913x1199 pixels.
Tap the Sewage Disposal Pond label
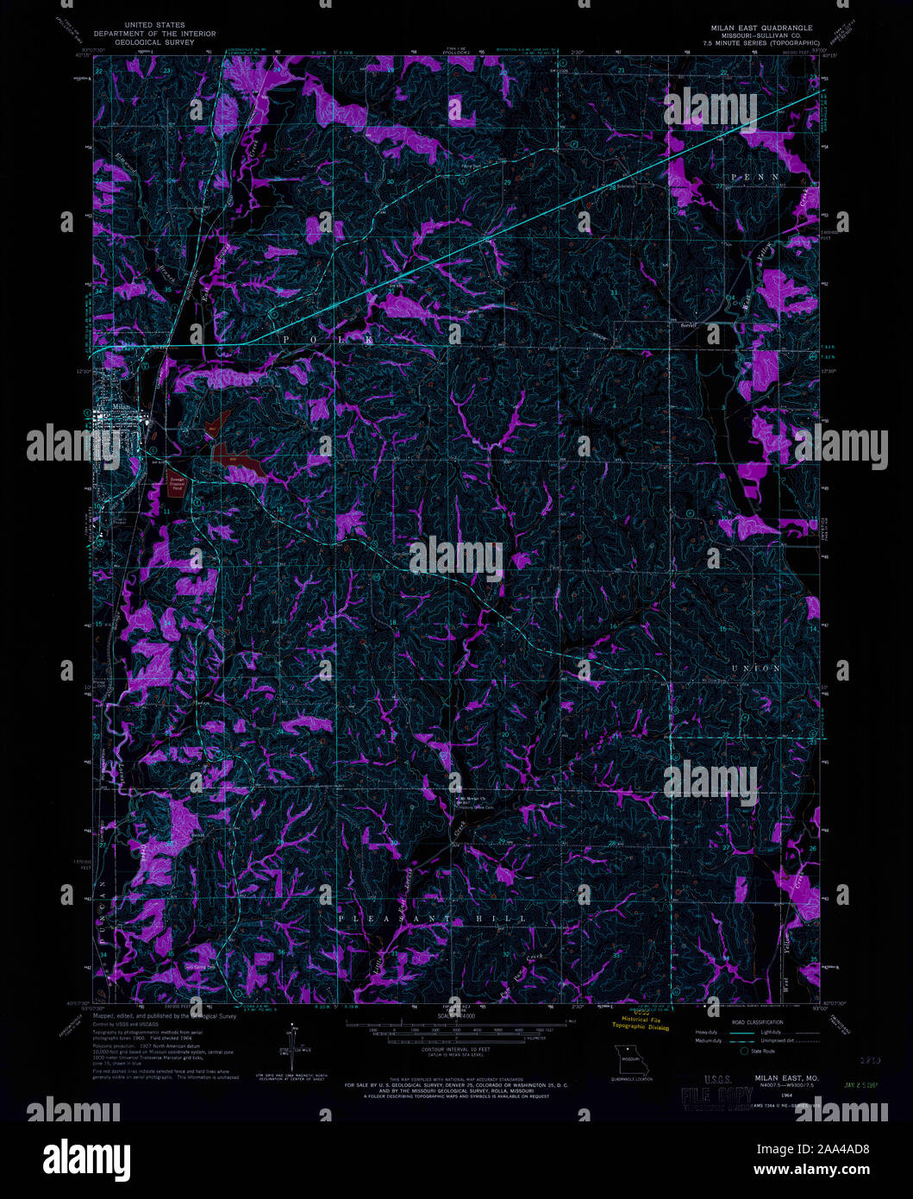(177, 483)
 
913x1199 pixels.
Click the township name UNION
(755, 669)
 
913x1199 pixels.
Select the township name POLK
(328, 341)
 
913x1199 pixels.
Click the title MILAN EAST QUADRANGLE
(755, 28)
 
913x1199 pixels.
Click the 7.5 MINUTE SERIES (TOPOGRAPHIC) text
(754, 41)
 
